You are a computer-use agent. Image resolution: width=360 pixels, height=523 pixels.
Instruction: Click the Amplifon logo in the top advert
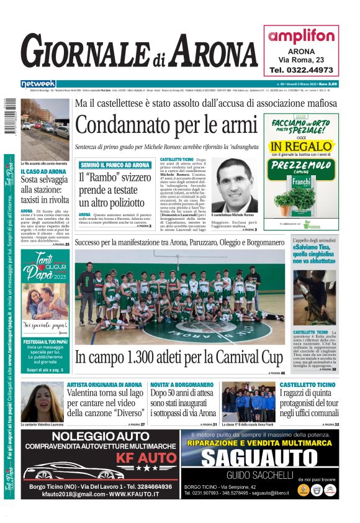coord(301,36)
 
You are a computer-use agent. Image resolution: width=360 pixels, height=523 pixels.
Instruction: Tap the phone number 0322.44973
coord(301,70)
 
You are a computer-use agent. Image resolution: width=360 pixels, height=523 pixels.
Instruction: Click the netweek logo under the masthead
coord(38,84)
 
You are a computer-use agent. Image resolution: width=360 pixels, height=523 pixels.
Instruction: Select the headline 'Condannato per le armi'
coord(166,125)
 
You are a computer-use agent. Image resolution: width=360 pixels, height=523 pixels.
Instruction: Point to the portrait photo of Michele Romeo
coord(234,184)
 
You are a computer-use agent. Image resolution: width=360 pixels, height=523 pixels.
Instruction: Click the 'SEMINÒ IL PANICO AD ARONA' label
coord(114,165)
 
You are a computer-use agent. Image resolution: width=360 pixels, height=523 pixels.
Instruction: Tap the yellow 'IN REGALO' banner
coord(301,148)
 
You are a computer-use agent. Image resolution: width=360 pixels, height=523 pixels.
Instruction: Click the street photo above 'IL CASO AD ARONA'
coord(45,129)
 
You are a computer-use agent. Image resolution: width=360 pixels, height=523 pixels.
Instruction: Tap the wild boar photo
coord(315,297)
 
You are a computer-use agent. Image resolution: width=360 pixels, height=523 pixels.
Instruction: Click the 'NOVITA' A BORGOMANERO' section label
coord(173,385)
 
